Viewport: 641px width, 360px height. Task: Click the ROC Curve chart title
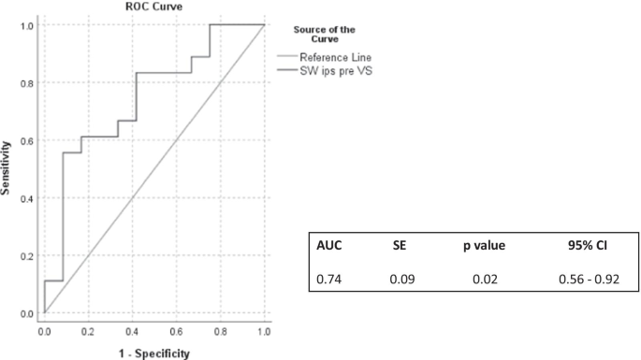pos(154,7)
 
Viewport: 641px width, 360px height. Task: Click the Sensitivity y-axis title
pos(7,168)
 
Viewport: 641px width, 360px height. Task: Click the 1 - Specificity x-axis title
pos(154,353)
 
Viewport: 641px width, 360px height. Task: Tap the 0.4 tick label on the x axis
pos(132,332)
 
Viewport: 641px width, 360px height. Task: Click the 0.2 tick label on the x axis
pos(88,332)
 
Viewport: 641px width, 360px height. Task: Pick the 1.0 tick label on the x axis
pos(264,332)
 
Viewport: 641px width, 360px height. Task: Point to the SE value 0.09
pos(401,278)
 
